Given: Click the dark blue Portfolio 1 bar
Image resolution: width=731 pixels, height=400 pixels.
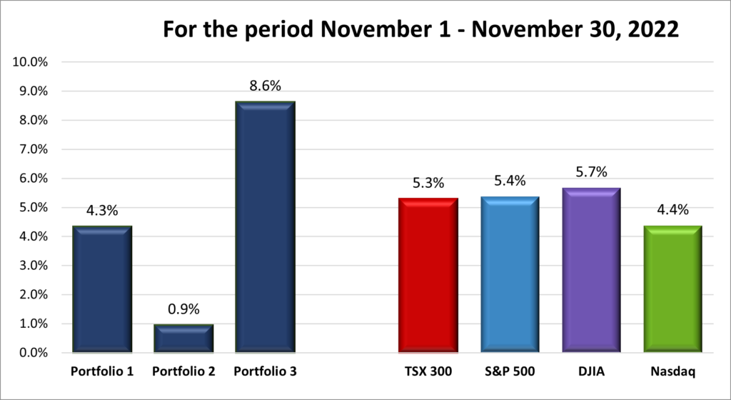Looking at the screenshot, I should [x=101, y=289].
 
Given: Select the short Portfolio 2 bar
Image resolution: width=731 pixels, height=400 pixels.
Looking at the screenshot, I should [x=183, y=338].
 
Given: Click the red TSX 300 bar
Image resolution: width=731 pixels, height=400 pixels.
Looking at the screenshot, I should [x=428, y=275].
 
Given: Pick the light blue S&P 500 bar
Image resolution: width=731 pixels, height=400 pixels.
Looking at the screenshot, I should [x=510, y=274].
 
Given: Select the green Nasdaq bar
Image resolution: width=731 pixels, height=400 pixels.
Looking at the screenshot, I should [x=672, y=289].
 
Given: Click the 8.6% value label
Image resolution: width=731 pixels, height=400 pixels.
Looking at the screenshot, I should [x=265, y=86].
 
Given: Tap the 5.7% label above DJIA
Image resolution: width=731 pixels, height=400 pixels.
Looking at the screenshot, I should [x=591, y=173].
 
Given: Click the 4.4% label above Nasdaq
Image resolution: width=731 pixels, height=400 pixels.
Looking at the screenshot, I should [x=672, y=211].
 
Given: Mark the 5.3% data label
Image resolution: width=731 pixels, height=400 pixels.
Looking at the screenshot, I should [x=428, y=184].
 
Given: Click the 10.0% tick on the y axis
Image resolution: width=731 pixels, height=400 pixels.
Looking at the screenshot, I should [x=31, y=62].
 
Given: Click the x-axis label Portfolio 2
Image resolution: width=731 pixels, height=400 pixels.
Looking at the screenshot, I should [x=183, y=371].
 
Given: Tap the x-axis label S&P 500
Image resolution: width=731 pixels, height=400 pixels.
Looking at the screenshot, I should [x=510, y=371].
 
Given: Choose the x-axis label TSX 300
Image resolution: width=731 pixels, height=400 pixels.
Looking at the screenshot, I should [x=428, y=371].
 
